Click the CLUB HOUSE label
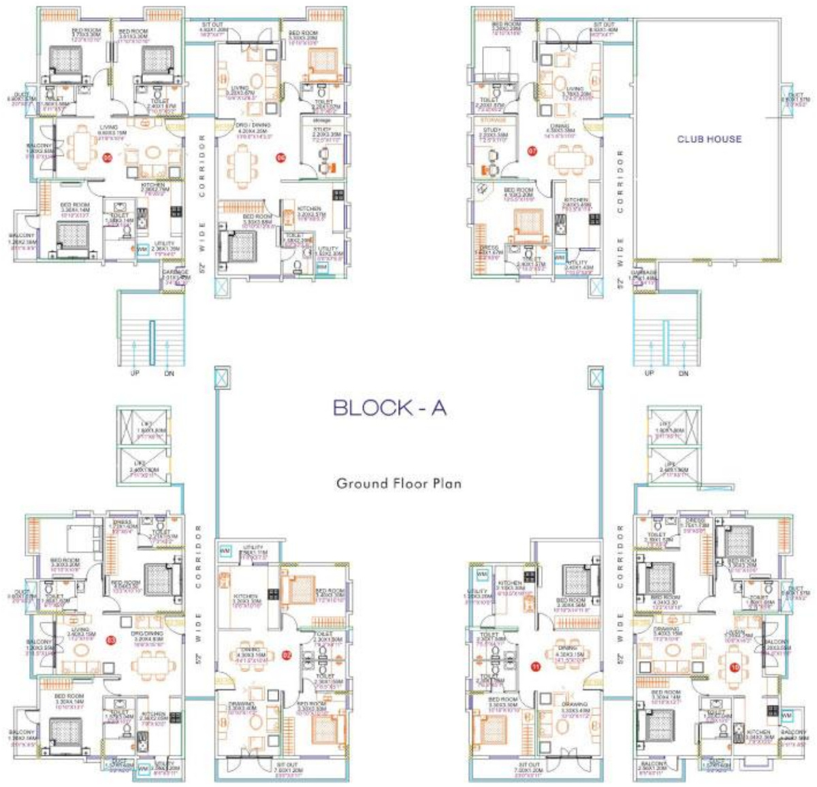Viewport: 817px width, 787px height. coord(709,139)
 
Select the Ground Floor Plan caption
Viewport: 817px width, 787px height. coord(399,484)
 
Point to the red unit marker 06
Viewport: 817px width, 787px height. coord(279,158)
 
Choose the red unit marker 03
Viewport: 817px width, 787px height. coord(111,639)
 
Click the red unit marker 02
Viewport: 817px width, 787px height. coord(286,655)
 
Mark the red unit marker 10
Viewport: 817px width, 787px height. coord(734,668)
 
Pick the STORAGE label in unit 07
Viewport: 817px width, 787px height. coord(493,120)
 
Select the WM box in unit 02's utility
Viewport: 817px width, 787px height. coord(225,550)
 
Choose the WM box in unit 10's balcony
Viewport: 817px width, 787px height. coord(787,716)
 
